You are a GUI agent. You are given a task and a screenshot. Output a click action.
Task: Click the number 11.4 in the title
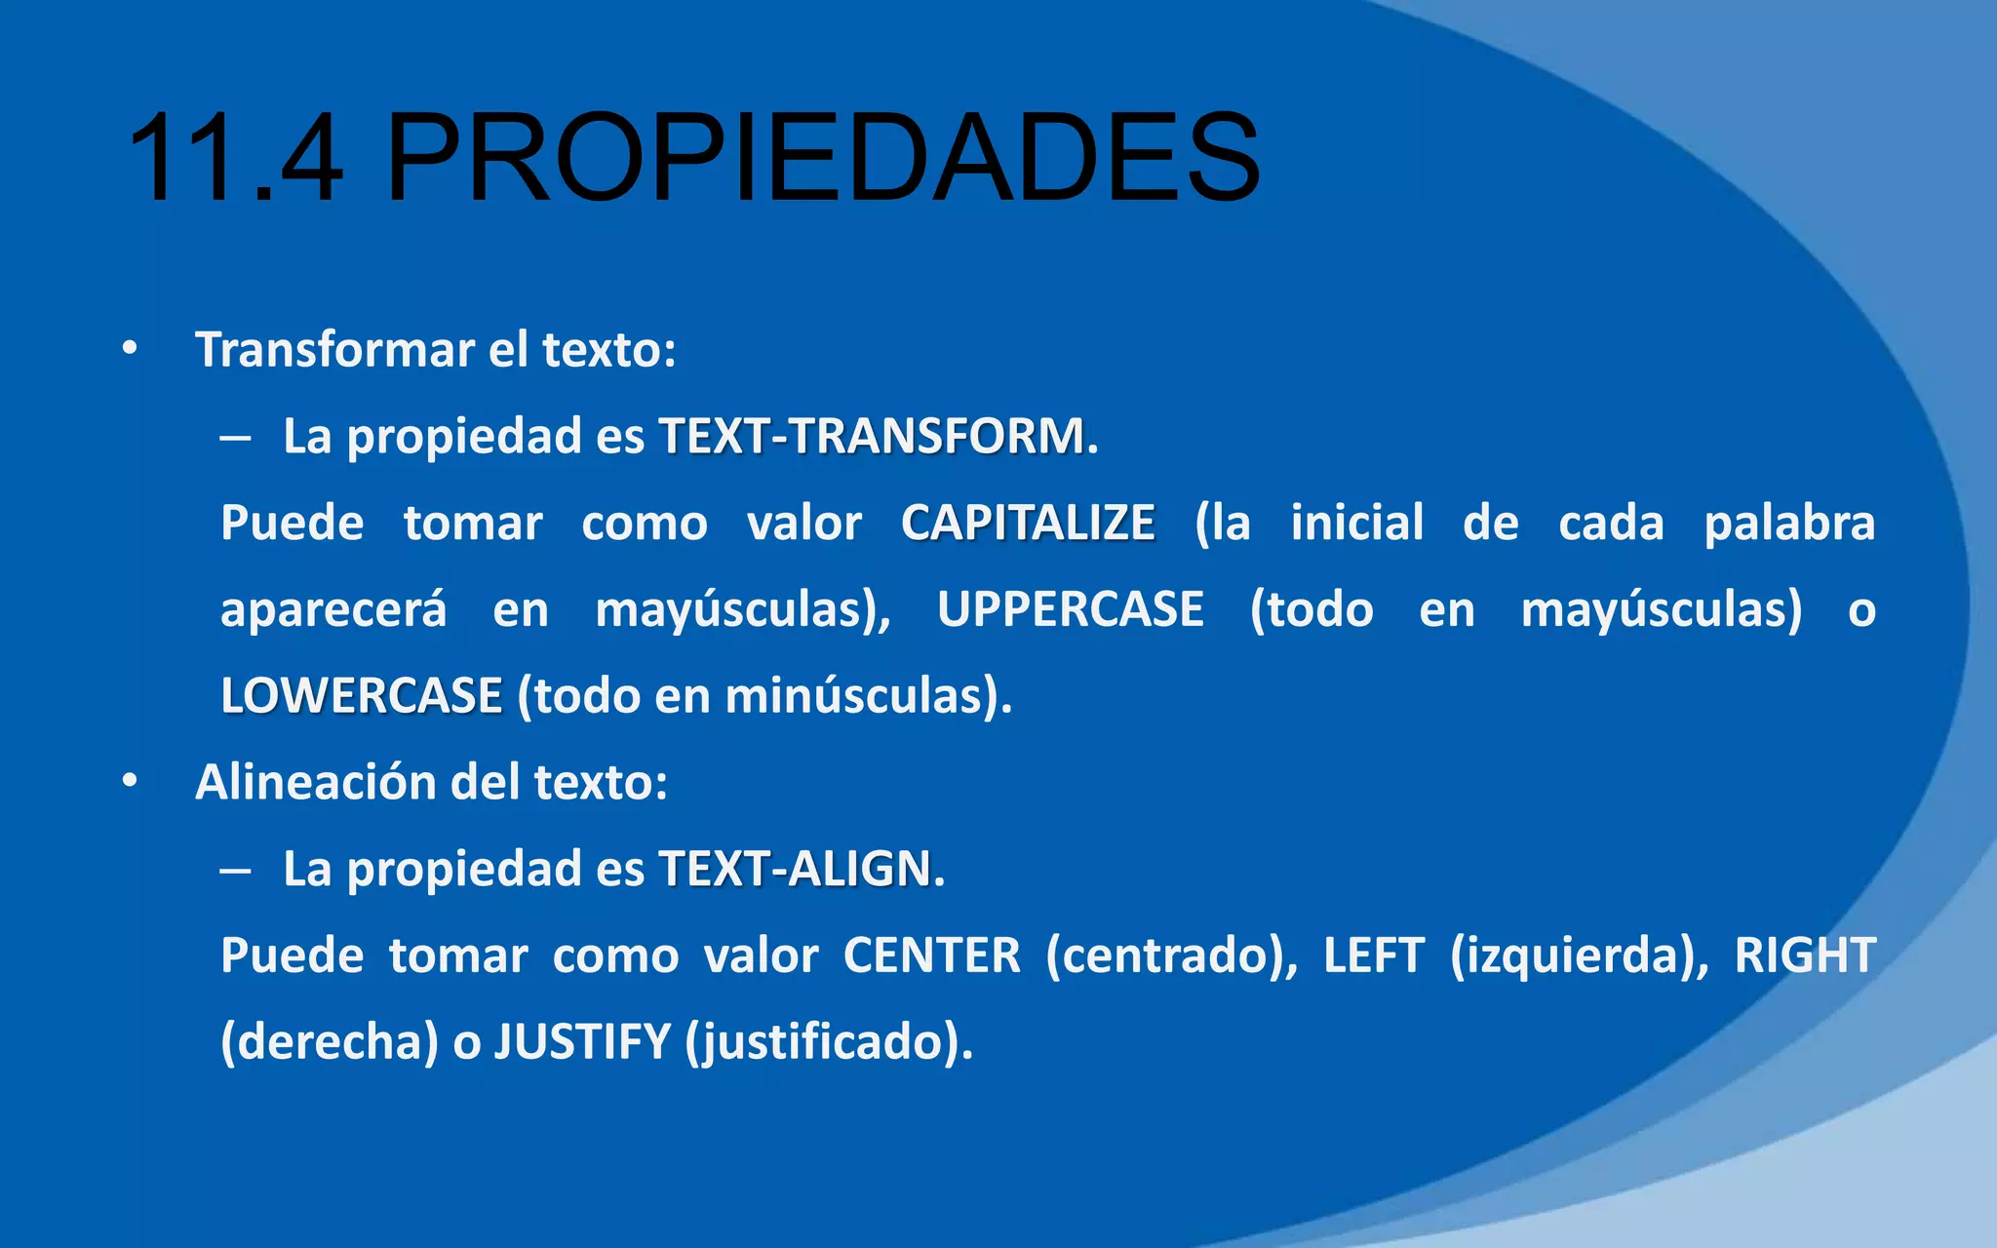(235, 158)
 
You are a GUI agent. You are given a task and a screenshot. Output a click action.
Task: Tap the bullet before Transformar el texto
(130, 350)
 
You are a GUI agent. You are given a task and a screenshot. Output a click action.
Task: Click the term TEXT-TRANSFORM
(873, 436)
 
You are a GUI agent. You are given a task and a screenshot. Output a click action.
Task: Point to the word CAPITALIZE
(1028, 523)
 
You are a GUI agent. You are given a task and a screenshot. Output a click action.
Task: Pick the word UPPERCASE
(1071, 609)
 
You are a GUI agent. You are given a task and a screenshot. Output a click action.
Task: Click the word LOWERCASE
(362, 696)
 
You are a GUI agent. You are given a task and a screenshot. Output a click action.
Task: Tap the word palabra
(1789, 523)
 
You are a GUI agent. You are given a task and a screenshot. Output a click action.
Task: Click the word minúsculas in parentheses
(852, 696)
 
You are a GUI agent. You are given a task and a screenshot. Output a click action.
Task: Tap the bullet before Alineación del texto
(130, 782)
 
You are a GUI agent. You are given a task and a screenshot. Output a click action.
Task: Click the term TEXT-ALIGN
(795, 869)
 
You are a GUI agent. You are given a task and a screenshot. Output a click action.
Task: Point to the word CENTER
(931, 955)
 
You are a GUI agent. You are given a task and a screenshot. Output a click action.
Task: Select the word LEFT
(1374, 955)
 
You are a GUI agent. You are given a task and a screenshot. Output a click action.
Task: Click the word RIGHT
(1805, 955)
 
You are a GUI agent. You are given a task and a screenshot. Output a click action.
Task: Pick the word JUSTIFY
(582, 1042)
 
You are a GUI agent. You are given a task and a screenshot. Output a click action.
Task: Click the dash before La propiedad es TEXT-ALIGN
(235, 870)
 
